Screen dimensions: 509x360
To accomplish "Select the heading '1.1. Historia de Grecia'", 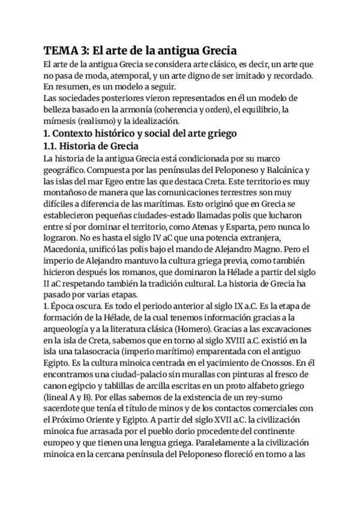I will [91, 147].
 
